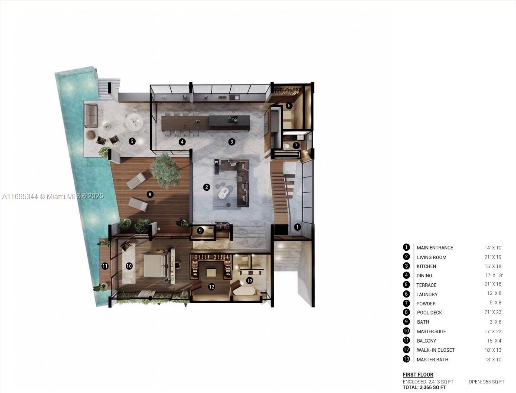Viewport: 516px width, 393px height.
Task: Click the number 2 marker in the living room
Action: click(x=207, y=187)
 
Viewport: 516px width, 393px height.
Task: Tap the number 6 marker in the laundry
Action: click(x=289, y=105)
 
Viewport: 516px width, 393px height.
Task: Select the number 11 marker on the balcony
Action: click(x=105, y=266)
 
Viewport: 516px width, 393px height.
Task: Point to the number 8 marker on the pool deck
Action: click(x=150, y=194)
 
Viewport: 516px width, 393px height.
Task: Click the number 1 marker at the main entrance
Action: click(x=297, y=227)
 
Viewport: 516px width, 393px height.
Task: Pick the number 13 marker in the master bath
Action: click(x=249, y=281)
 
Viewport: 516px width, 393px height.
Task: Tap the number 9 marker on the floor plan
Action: click(x=200, y=231)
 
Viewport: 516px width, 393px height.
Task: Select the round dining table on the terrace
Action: click(x=134, y=121)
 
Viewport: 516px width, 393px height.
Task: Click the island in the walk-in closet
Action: click(x=211, y=272)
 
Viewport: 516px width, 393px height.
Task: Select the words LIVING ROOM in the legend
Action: click(x=431, y=257)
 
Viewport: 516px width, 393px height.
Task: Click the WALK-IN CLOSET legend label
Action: click(x=435, y=350)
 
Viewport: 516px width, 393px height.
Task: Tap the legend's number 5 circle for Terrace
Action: click(x=406, y=285)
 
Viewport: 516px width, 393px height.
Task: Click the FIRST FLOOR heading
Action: click(x=418, y=375)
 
